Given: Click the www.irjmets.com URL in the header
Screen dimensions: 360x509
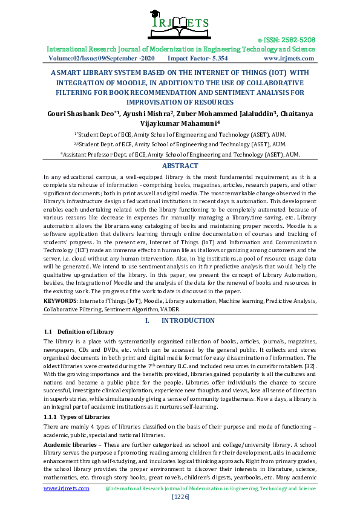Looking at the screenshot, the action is [x=289, y=59].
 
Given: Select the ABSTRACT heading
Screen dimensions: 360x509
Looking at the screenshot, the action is [x=180, y=166].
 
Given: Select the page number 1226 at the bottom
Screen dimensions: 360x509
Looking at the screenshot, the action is [x=180, y=496].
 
